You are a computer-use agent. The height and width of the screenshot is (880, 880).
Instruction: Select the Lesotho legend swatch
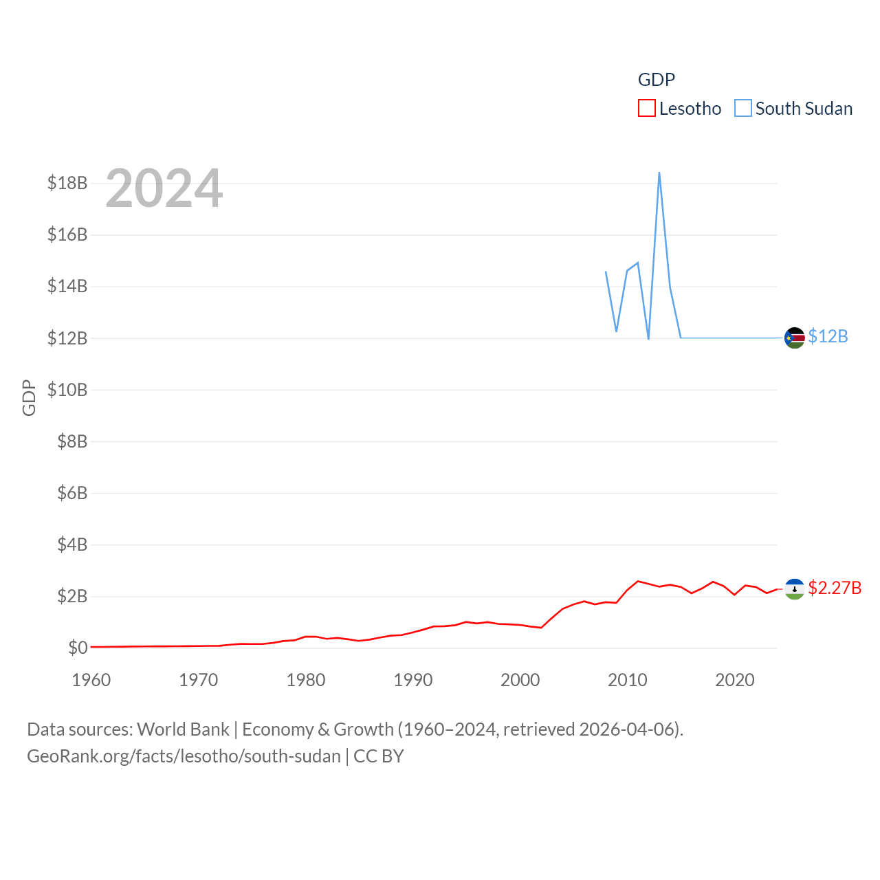(647, 109)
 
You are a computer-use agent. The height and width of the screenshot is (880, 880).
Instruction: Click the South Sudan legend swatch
(743, 109)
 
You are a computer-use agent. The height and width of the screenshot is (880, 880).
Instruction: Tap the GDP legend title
(657, 80)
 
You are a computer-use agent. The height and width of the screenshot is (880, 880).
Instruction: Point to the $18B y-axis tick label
(67, 183)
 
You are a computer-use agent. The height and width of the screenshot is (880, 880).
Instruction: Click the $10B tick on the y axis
(67, 390)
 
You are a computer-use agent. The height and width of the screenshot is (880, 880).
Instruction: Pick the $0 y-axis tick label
(78, 648)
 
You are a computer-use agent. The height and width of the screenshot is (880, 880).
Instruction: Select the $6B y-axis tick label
(72, 493)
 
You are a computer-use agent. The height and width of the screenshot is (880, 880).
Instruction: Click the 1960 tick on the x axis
(91, 680)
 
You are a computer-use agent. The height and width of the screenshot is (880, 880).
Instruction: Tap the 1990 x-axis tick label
(413, 680)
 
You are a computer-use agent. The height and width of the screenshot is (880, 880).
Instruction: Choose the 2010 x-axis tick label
(628, 680)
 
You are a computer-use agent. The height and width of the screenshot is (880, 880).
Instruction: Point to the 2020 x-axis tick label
(735, 680)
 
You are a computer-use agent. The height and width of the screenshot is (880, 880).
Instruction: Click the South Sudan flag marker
(795, 338)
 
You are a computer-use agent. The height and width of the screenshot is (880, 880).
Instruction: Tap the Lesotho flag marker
(795, 589)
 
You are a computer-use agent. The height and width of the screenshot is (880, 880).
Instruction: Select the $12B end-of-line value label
(828, 336)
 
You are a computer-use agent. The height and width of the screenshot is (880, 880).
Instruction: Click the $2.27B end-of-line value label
(835, 588)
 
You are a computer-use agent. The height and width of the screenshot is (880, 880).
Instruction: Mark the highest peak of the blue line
(659, 173)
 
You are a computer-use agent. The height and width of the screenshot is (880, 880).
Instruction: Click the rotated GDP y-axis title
(29, 397)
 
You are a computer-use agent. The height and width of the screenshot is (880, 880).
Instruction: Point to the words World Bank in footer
(184, 729)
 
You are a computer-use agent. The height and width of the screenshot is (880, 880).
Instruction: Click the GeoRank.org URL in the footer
(184, 756)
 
